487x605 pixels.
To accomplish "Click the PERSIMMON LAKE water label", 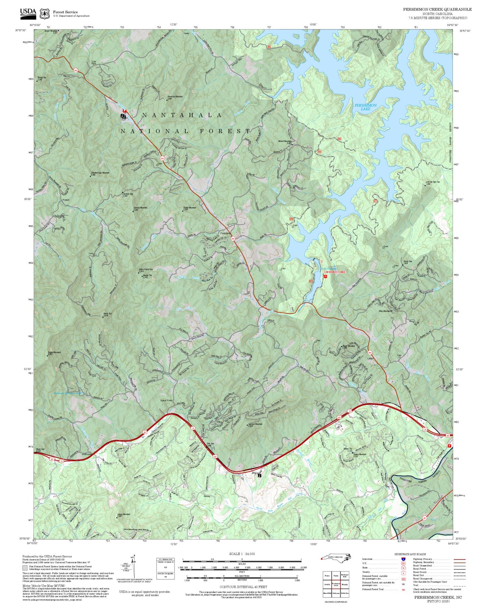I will (365, 107).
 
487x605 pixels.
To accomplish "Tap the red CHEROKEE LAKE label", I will (334, 272).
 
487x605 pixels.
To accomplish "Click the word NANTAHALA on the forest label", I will (182, 115).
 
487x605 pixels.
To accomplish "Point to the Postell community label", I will (66, 200).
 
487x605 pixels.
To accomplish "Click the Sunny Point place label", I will (166, 401).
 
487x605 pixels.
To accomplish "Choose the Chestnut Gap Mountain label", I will (100, 173).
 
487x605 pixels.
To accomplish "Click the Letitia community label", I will (371, 359).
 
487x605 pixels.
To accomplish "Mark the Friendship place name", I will (225, 233).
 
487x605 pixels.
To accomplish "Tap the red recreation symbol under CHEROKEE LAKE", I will (326, 276).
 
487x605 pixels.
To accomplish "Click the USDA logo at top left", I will (28, 12).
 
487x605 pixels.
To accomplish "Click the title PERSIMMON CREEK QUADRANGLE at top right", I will (437, 9).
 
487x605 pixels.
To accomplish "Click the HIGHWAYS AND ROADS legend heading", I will (410, 554).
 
